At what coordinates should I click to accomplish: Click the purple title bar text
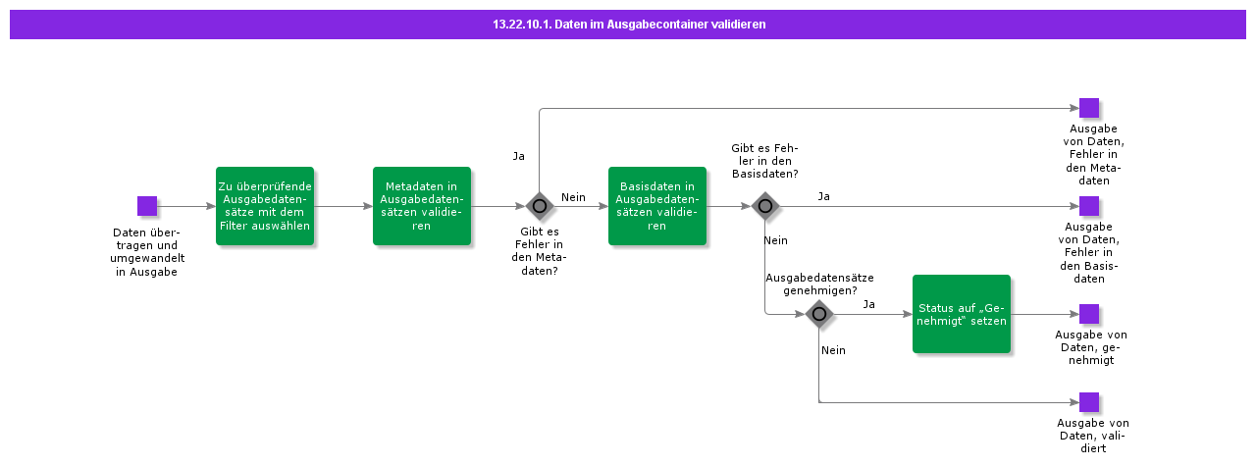click(x=628, y=25)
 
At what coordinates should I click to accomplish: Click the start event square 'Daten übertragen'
click(x=147, y=206)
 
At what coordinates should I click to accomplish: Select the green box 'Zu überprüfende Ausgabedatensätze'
click(x=264, y=206)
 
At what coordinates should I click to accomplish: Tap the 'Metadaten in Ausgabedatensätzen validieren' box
click(x=421, y=206)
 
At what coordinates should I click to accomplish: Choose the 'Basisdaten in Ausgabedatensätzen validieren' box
click(x=656, y=206)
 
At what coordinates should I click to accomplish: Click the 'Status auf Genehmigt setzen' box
click(x=961, y=314)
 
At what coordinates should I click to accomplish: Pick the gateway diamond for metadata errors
click(x=539, y=206)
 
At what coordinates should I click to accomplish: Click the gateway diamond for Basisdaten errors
click(x=765, y=206)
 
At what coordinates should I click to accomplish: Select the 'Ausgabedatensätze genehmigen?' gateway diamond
click(x=819, y=314)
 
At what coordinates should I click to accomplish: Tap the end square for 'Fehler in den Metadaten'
click(x=1088, y=108)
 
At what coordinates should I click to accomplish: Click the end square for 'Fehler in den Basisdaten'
click(x=1088, y=206)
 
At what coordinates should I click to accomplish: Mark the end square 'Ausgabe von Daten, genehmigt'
click(x=1088, y=314)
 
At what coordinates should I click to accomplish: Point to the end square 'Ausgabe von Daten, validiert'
click(x=1088, y=402)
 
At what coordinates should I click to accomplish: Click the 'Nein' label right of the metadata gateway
click(x=573, y=197)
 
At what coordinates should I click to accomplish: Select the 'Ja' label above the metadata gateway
click(x=519, y=156)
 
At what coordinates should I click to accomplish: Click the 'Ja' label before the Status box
click(x=868, y=304)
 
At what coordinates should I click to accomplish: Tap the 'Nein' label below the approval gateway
click(x=833, y=350)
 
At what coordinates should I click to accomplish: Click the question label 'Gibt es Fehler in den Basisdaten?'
click(x=764, y=161)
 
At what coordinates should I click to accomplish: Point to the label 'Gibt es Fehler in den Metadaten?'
click(x=539, y=250)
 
